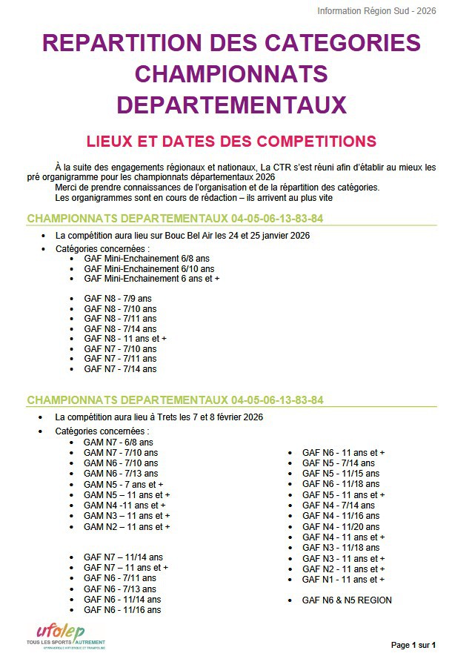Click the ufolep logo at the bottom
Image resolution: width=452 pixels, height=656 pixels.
65,632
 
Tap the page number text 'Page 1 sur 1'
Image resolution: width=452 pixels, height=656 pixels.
413,644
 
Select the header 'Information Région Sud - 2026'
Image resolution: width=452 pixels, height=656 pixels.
376,11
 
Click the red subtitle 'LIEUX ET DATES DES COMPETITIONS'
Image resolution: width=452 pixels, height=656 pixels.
231,141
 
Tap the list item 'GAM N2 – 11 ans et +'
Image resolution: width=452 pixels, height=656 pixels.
127,526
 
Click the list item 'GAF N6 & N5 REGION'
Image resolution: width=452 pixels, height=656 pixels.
347,600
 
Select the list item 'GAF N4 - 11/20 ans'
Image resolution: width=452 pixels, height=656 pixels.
340,526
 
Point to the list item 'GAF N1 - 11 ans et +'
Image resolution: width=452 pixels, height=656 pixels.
343,579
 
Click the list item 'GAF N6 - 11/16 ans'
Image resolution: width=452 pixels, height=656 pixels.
122,610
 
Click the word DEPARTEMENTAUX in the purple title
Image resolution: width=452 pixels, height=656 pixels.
231,104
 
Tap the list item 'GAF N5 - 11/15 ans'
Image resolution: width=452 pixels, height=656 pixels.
340,473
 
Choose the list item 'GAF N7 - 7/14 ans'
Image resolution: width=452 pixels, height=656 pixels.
120,368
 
